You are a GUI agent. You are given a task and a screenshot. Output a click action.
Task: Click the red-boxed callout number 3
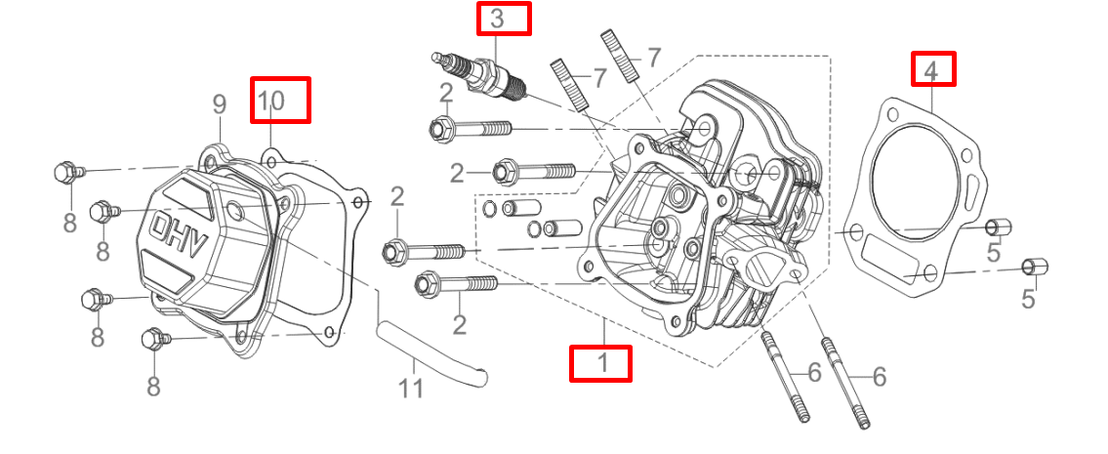tap(503, 19)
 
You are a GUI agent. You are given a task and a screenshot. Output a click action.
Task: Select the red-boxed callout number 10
tap(280, 100)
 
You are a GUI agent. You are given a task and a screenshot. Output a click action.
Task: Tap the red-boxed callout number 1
tap(600, 364)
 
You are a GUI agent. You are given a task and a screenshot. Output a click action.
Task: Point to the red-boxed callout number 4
tap(933, 68)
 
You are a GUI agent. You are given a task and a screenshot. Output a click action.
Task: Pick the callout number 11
tap(412, 388)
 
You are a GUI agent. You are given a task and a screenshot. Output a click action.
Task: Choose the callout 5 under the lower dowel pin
tap(1028, 297)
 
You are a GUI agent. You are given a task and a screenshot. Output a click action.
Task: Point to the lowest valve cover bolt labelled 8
tap(154, 339)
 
